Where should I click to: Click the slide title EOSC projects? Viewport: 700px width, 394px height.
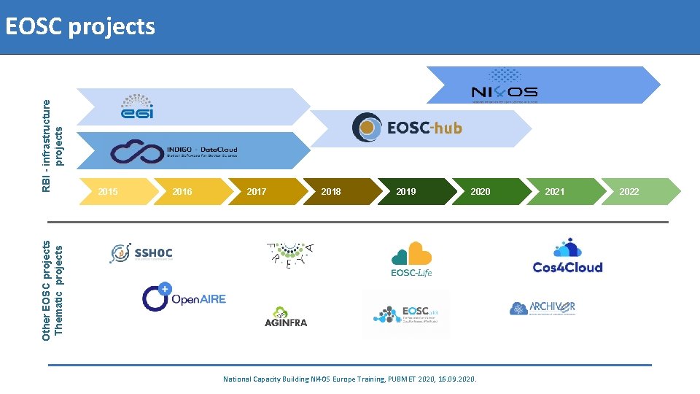(x=79, y=27)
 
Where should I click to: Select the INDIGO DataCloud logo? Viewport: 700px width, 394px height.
(x=174, y=151)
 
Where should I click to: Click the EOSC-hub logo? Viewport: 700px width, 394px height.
(x=407, y=128)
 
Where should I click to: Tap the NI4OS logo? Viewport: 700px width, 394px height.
(x=504, y=85)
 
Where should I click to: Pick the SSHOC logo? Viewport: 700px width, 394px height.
(x=141, y=253)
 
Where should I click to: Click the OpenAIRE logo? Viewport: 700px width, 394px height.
(x=184, y=297)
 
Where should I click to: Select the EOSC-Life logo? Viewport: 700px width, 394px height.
(x=411, y=260)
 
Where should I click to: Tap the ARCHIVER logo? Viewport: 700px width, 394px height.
(x=542, y=308)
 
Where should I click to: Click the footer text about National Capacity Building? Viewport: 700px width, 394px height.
(x=349, y=379)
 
